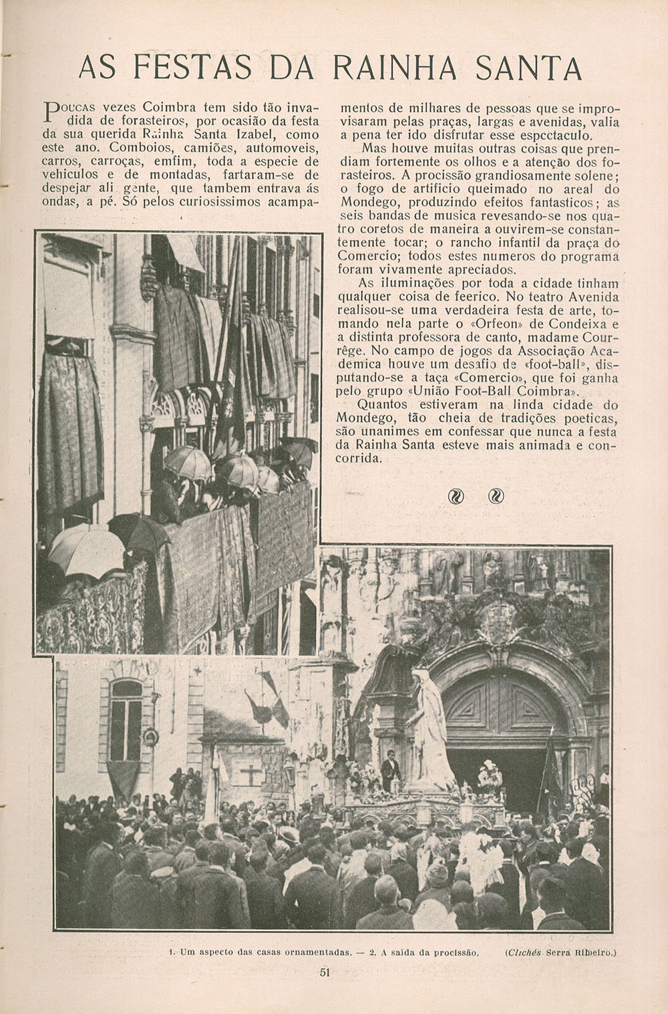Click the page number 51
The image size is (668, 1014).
pos(325,973)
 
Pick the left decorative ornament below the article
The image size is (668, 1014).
pos(457,496)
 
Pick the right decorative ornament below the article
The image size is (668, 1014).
pos(496,496)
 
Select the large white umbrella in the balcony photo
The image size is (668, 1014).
pos(77,548)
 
